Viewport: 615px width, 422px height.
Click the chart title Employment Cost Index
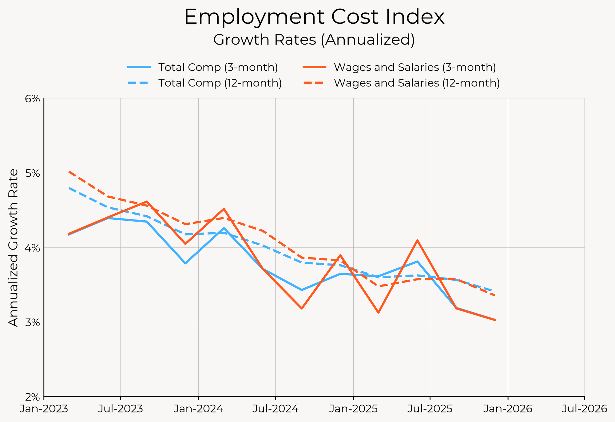[x=314, y=17]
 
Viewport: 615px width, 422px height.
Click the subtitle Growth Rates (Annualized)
[x=314, y=40]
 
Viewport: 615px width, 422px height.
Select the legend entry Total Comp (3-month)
[x=218, y=67]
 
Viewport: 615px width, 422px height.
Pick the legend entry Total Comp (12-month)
[x=220, y=83]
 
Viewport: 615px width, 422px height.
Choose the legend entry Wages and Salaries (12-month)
[x=417, y=83]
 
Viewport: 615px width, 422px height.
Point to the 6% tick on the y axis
[x=32, y=99]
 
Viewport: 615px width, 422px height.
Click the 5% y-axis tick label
[x=32, y=173]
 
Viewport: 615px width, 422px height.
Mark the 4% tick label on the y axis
[x=32, y=248]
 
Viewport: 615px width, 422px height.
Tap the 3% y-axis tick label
[x=32, y=322]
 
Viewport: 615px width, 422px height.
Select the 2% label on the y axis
[x=32, y=397]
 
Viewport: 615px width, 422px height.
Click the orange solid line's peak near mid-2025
[x=417, y=240]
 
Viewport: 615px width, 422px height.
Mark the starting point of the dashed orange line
[x=69, y=172]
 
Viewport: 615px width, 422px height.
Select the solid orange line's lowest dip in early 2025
[x=379, y=313]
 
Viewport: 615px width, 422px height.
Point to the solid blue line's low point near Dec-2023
[x=185, y=263]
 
